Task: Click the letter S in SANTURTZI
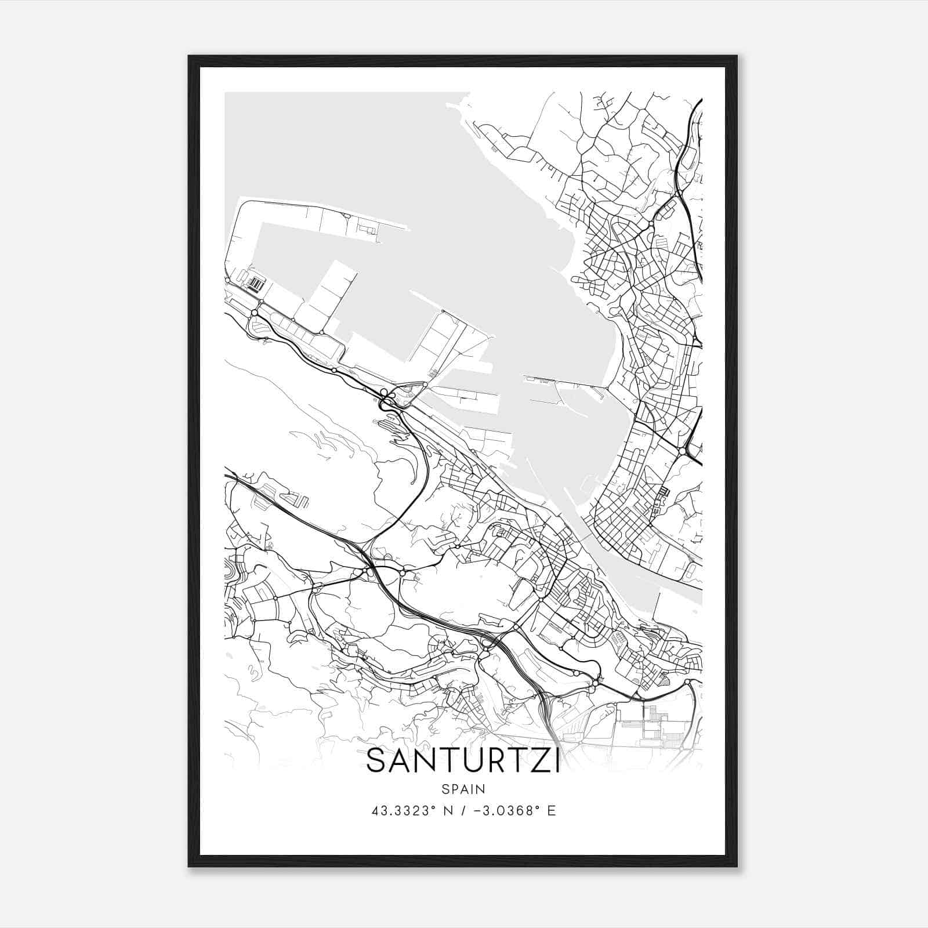coord(378,761)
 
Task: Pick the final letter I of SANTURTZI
coord(556,761)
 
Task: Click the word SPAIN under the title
coord(463,789)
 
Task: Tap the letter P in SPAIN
coord(454,789)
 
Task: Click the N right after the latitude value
coord(447,811)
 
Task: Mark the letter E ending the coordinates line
coord(552,811)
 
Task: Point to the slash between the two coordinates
coord(463,811)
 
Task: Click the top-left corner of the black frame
coord(189,56)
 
